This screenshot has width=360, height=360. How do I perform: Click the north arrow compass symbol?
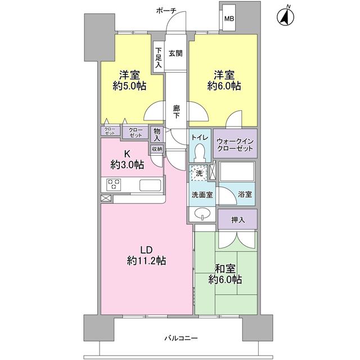286,16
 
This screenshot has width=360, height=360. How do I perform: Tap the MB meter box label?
229,19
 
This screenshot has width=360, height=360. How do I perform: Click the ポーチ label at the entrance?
166,11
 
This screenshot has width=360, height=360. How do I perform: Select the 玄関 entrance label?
175,53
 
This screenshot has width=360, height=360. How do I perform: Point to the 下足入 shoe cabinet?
158,57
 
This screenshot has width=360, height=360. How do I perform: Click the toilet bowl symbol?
199,152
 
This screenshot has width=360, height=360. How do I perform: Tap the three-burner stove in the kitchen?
114,184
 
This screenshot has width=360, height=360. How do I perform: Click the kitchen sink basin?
150,185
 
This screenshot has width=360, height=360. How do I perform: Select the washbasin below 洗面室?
202,214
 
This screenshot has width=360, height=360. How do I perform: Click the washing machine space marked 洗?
199,173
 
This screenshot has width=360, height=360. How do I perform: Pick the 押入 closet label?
238,220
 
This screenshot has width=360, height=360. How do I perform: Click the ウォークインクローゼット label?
235,145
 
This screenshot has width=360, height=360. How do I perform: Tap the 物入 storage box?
157,134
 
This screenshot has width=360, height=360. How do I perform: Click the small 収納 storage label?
157,148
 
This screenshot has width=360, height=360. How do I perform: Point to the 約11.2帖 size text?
146,260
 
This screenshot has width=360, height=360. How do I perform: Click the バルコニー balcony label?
181,338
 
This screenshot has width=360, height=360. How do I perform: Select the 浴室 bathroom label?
245,194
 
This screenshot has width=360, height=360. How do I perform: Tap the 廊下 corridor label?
176,111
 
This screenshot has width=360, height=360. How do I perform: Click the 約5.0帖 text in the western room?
129,86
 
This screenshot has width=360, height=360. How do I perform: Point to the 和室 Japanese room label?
225,268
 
